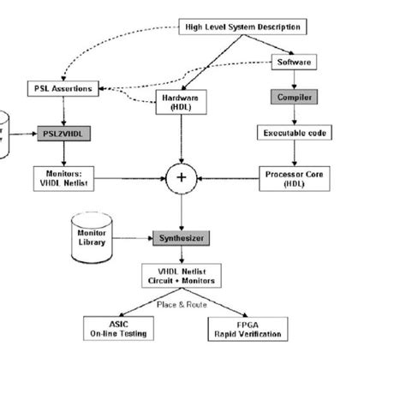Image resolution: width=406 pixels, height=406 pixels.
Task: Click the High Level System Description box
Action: tap(242, 26)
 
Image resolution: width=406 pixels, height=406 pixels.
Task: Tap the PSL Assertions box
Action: tap(62, 88)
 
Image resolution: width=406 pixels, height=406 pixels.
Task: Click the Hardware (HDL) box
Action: tap(180, 102)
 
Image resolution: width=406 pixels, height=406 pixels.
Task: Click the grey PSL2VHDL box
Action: tap(61, 134)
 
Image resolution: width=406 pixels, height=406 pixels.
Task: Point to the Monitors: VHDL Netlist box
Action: tap(61, 177)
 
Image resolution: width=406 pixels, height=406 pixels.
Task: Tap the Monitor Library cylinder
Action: tap(91, 236)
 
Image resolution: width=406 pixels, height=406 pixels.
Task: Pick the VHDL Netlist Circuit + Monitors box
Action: tap(181, 274)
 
